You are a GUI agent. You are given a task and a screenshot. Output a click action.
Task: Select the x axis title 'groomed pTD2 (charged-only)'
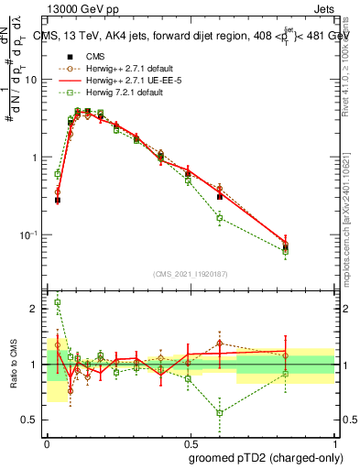[265, 458]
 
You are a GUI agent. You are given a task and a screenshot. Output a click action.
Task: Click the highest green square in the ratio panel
[58, 302]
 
